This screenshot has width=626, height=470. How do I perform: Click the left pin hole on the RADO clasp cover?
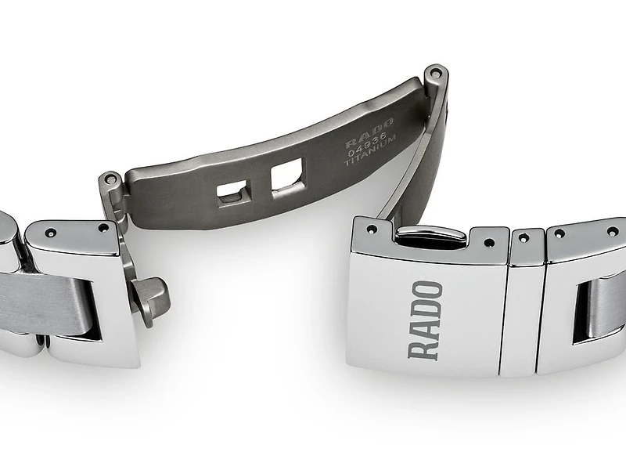[372, 230]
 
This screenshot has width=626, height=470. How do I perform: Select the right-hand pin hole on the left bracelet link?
[102, 230]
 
